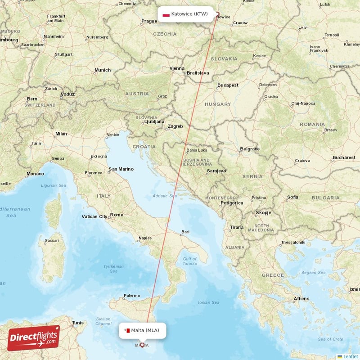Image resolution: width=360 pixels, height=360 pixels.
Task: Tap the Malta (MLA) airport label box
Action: (142, 331)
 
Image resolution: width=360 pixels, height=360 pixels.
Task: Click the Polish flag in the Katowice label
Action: (166, 14)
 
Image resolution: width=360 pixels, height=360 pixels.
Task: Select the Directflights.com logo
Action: (34, 338)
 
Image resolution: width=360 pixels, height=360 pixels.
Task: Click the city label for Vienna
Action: (177, 68)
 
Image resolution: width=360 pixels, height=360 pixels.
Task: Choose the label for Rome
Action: (117, 215)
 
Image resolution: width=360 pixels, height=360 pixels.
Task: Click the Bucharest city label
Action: (344, 157)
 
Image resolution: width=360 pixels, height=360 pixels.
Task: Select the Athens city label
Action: (301, 298)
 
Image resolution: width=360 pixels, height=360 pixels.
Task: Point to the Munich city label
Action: (103, 70)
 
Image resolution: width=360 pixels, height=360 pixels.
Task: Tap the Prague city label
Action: (149, 21)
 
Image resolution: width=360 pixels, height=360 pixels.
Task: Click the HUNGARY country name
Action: (218, 104)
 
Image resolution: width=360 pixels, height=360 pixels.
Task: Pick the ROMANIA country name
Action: (312, 124)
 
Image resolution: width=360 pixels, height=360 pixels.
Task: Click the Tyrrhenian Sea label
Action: (113, 269)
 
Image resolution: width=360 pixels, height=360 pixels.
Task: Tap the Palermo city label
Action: (132, 296)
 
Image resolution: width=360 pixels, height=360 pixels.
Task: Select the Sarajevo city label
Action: (216, 171)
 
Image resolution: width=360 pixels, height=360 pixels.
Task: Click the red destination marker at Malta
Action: (142, 345)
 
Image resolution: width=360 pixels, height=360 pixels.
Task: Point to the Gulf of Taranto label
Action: (189, 261)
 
